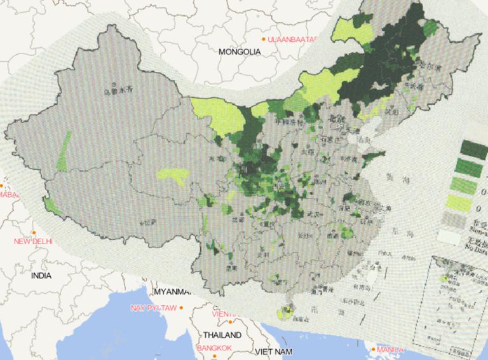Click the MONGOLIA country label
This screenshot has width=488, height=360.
(x=240, y=52)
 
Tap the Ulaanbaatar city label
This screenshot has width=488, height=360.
(x=292, y=39)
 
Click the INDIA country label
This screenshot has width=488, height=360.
(x=41, y=275)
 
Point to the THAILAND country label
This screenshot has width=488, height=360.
(x=222, y=335)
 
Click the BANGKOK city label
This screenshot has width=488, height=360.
(x=215, y=348)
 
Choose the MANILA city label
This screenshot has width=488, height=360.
(x=389, y=349)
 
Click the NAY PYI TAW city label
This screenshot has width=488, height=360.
(x=152, y=308)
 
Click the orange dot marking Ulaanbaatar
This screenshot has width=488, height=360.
(x=264, y=39)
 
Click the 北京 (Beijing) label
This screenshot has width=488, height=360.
(x=335, y=119)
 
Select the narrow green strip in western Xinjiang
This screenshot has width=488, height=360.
(x=63, y=151)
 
